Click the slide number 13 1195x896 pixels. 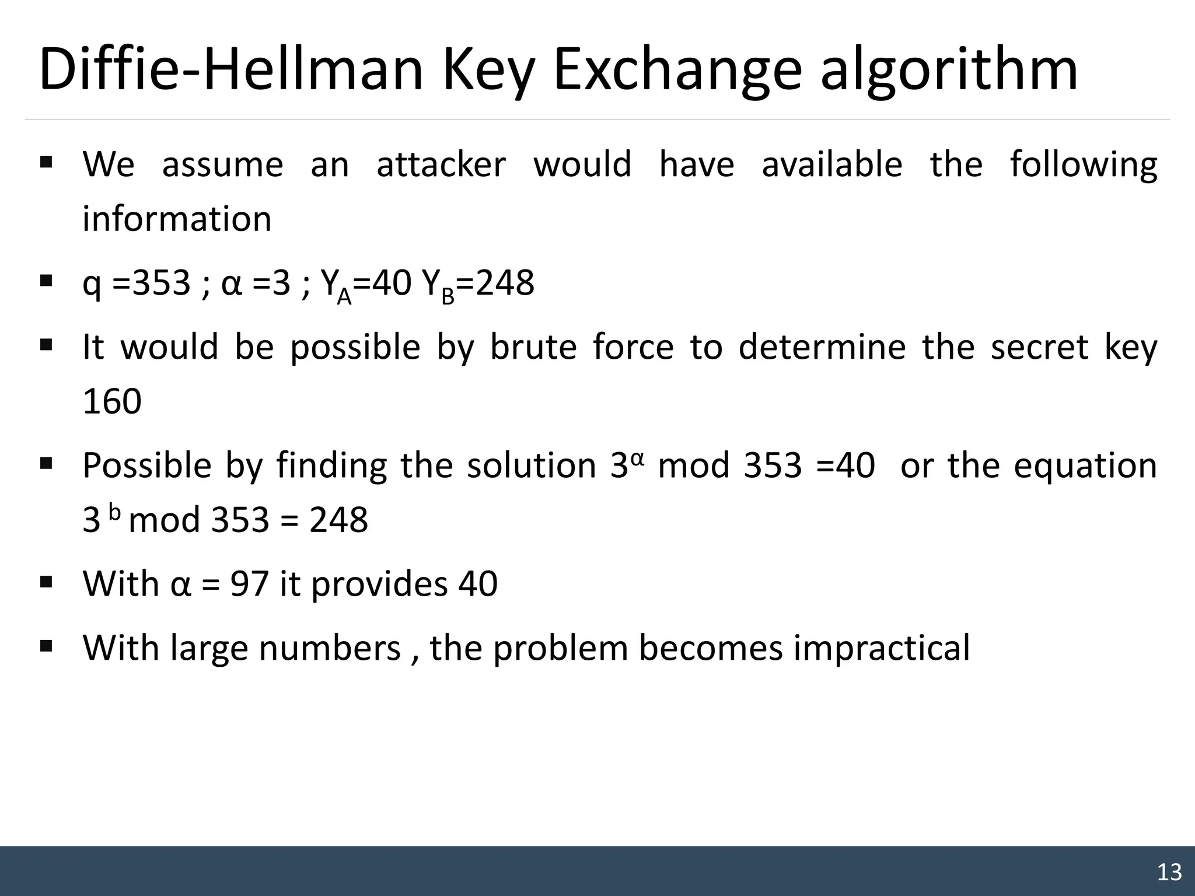[x=1169, y=872]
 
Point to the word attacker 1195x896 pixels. [x=441, y=164]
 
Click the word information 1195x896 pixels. [x=177, y=219]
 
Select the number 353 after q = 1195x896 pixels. [x=162, y=283]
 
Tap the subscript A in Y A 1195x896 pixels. [x=344, y=297]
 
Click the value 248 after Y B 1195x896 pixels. [x=505, y=283]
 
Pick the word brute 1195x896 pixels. [x=533, y=347]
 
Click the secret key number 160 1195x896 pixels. [x=112, y=401]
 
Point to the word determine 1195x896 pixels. [x=822, y=347]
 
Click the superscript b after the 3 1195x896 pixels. [x=115, y=512]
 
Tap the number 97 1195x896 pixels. [x=249, y=583]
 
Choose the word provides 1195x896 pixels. [x=379, y=584]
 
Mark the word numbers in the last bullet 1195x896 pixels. [x=330, y=649]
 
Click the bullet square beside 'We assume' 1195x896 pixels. [x=47, y=161]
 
